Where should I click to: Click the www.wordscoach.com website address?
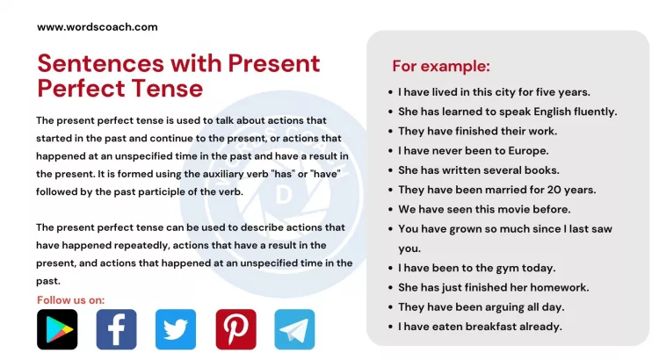coord(97,26)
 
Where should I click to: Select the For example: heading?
coord(440,66)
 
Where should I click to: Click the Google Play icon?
coord(57,329)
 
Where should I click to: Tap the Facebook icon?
coord(116,329)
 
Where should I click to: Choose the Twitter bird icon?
coord(176,329)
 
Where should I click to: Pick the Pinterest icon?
coord(235,329)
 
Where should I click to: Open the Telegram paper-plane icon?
coord(294,329)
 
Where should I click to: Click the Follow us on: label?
coord(70,300)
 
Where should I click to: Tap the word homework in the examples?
coord(559,287)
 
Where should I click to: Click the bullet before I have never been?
coord(389,151)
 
